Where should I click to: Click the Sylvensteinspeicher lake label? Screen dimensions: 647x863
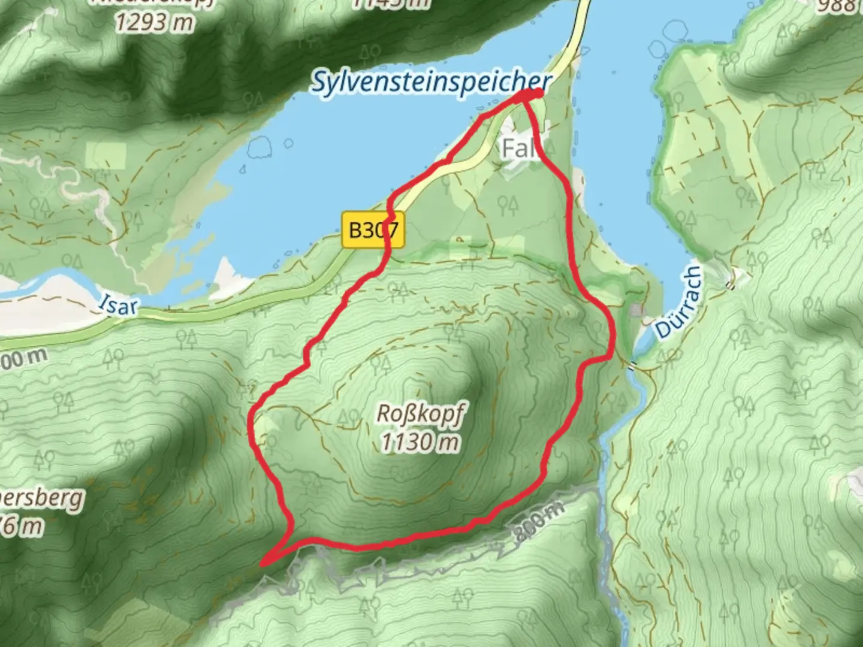(430, 82)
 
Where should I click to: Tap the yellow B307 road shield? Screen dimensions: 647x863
(373, 229)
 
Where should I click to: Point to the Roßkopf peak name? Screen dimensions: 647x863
(422, 413)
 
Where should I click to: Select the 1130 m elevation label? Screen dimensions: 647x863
(421, 442)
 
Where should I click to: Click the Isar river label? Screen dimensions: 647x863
(118, 305)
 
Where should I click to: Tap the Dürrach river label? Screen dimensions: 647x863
(677, 303)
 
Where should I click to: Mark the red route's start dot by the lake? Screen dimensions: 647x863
(537, 93)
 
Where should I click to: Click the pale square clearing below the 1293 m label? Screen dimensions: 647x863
(107, 155)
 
